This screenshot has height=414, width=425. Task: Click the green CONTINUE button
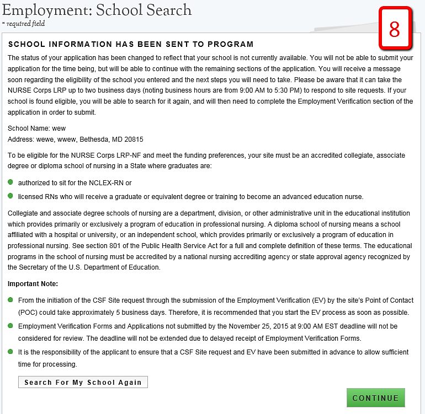coord(375,398)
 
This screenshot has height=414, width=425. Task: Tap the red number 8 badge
coord(395,29)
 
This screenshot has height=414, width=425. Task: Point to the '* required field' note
coord(24,24)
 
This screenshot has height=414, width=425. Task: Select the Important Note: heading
coord(33,284)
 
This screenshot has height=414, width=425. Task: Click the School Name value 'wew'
coord(59,129)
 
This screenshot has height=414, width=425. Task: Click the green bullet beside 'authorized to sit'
coord(10,182)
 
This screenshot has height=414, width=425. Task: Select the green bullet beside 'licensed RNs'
coord(10,196)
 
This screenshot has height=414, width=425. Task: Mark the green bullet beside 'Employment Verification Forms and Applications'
coord(10,326)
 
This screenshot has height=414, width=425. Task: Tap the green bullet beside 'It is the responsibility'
coord(10,351)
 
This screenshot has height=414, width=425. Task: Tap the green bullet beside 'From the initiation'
coord(10,300)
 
